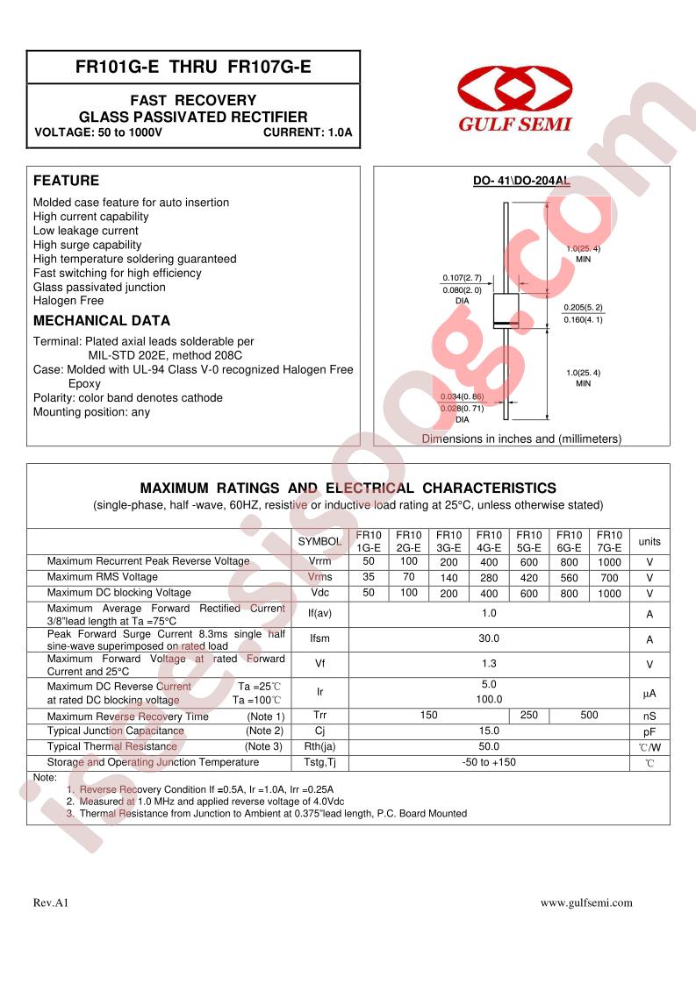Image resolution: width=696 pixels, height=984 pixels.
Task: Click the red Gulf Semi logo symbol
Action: [514, 89]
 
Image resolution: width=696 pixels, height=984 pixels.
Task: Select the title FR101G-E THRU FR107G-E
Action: [193, 67]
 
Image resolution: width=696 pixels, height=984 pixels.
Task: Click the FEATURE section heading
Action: [66, 181]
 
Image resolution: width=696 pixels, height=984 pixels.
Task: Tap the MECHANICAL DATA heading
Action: [102, 321]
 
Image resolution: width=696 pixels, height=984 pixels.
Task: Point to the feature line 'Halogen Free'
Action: [68, 301]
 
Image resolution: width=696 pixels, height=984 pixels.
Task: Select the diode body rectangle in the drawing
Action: [504, 311]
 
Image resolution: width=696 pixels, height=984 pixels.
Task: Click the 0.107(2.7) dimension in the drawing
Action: [462, 278]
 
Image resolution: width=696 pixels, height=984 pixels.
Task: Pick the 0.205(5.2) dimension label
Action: [584, 307]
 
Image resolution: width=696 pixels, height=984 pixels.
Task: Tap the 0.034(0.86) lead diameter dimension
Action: [462, 397]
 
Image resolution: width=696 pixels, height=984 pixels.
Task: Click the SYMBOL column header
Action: [319, 542]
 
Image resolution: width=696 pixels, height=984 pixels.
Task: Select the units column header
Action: [649, 541]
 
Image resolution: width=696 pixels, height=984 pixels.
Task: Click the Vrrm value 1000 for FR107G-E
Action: [609, 561]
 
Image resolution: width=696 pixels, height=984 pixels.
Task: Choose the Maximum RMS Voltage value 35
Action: [369, 577]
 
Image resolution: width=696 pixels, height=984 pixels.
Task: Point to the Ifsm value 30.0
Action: [489, 639]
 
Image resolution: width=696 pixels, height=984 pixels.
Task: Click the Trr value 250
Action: [528, 716]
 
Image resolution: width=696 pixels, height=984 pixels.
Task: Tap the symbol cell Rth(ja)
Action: [319, 747]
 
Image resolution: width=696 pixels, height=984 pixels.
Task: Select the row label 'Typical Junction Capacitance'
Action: [116, 731]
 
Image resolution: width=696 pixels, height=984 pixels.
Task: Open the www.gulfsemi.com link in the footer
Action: [585, 902]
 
